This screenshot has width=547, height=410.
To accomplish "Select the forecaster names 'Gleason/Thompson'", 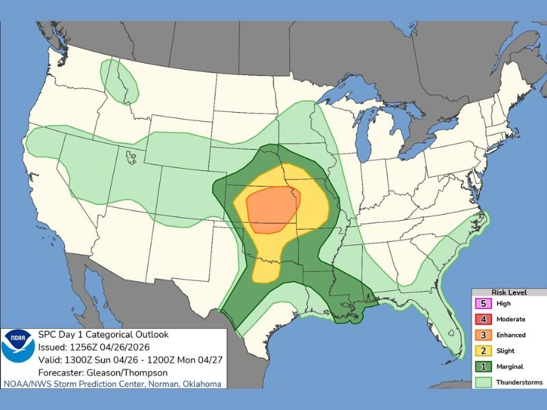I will [124, 372].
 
